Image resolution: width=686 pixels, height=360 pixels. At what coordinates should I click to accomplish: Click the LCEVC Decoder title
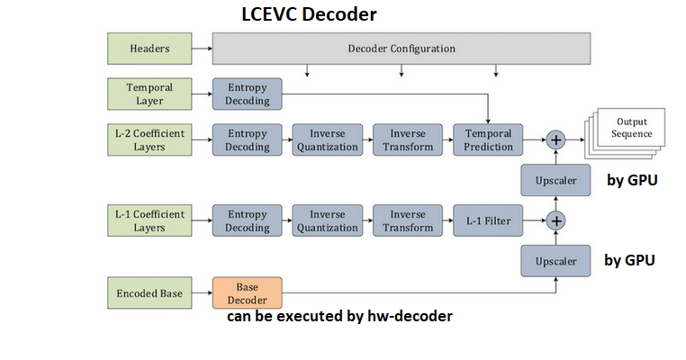click(x=309, y=14)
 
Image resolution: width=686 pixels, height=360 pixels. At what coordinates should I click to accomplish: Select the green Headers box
click(x=149, y=48)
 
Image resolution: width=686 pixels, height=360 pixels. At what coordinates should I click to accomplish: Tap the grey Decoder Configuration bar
click(x=402, y=48)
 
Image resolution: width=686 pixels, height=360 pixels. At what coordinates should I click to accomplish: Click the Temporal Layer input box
click(x=149, y=94)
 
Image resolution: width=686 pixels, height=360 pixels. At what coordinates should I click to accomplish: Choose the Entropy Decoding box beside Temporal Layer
click(x=247, y=94)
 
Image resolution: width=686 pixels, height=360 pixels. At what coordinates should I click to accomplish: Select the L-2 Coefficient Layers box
click(x=149, y=139)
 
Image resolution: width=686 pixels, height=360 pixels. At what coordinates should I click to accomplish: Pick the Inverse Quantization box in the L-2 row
click(x=327, y=139)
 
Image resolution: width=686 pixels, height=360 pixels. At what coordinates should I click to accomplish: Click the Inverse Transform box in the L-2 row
click(x=407, y=139)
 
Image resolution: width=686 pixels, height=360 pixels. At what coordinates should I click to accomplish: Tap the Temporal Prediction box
click(x=488, y=139)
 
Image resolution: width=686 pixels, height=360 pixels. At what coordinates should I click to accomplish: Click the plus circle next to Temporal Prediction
click(x=556, y=139)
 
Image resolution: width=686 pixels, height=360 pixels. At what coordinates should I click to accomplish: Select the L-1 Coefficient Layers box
click(x=149, y=220)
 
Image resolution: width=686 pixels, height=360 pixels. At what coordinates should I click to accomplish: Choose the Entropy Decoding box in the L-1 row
click(x=247, y=220)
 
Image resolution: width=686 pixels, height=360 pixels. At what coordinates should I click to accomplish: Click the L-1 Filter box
click(x=488, y=220)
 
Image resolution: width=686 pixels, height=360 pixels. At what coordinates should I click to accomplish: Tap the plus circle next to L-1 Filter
click(x=556, y=220)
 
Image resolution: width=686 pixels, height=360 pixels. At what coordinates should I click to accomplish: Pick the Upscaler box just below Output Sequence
click(x=555, y=180)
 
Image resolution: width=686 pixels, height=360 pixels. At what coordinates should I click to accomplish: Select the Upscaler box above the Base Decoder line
click(x=555, y=261)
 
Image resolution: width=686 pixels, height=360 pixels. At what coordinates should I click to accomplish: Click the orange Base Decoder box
click(x=247, y=293)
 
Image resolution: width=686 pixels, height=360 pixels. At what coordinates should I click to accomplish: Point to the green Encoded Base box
click(x=149, y=293)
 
